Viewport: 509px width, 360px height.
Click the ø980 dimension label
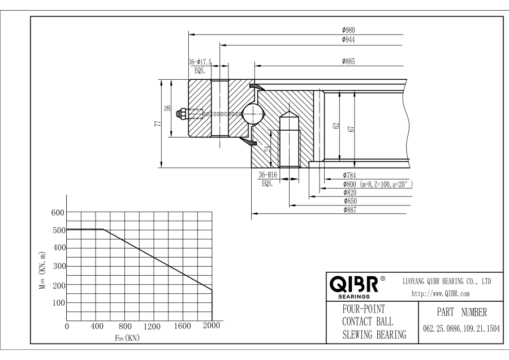[x=348, y=30]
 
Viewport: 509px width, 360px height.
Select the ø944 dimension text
[x=348, y=40]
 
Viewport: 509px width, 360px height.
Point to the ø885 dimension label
[x=348, y=61]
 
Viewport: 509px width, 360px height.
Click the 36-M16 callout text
[x=266, y=175]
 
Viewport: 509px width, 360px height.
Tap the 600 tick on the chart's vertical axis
[x=58, y=212]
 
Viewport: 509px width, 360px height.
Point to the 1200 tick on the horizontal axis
[x=153, y=327]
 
